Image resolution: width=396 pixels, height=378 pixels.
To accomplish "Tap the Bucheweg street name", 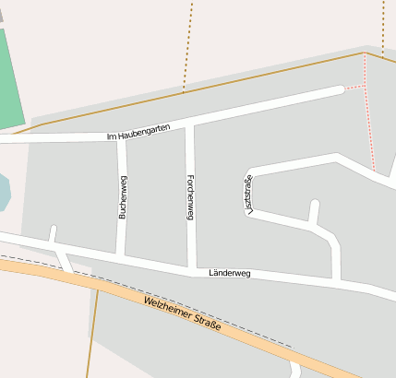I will point(122,196).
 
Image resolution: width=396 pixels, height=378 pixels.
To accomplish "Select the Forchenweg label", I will point(190,196).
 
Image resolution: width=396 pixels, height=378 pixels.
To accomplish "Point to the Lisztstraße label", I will point(248,195).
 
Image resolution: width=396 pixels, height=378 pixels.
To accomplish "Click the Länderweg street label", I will point(230,274).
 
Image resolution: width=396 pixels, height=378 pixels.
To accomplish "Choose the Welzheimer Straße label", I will point(183,315).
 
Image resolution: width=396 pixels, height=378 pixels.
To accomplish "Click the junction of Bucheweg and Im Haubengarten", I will point(121,136).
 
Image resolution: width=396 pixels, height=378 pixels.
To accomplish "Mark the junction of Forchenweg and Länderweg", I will point(192,267).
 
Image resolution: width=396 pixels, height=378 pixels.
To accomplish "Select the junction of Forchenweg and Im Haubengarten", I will point(189,125).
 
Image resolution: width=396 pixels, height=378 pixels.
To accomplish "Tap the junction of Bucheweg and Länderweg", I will point(121,254).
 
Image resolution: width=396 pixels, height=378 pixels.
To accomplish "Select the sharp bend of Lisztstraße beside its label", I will point(251,172).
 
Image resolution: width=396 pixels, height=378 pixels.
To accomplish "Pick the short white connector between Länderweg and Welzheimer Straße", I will point(64,259).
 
